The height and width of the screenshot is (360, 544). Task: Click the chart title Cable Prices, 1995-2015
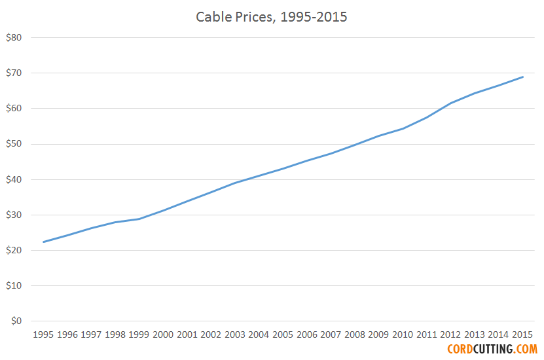click(272, 17)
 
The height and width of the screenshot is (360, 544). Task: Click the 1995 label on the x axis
click(43, 334)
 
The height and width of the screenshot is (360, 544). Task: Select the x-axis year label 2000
click(163, 334)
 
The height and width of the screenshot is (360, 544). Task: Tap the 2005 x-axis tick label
click(283, 334)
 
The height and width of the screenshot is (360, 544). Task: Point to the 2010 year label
click(403, 334)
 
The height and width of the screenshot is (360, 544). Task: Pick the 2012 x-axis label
click(451, 334)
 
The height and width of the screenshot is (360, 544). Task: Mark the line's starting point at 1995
click(43, 242)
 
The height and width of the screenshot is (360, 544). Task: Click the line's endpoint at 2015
click(523, 77)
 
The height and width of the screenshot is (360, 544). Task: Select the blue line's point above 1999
click(139, 219)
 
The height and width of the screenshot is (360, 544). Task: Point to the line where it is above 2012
click(451, 103)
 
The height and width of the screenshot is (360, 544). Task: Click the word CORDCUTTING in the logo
click(481, 350)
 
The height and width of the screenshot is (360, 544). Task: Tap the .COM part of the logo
click(526, 350)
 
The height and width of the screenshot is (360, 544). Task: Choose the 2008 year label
click(355, 334)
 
